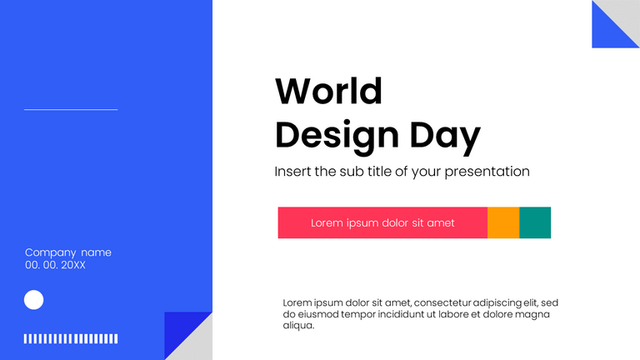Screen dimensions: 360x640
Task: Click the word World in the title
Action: pyautogui.click(x=328, y=91)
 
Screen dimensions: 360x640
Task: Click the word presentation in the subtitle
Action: pyautogui.click(x=487, y=172)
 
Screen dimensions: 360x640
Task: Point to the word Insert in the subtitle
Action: pyautogui.click(x=294, y=172)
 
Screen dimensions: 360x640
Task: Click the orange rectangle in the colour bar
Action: pyautogui.click(x=503, y=222)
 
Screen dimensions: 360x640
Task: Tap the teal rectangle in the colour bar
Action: pyautogui.click(x=535, y=222)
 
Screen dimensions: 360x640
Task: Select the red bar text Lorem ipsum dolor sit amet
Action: pyautogui.click(x=382, y=223)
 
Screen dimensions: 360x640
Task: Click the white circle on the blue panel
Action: pyautogui.click(x=33, y=300)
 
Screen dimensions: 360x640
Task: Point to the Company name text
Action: pyautogui.click(x=67, y=252)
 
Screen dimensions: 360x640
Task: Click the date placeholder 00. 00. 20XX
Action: pyautogui.click(x=55, y=265)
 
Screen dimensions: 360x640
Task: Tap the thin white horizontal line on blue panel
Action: pyautogui.click(x=71, y=109)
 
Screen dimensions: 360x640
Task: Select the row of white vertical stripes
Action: pyautogui.click(x=71, y=338)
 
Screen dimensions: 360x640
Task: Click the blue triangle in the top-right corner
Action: pyautogui.click(x=606, y=33)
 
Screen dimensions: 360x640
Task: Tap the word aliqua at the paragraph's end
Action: pyautogui.click(x=298, y=326)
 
